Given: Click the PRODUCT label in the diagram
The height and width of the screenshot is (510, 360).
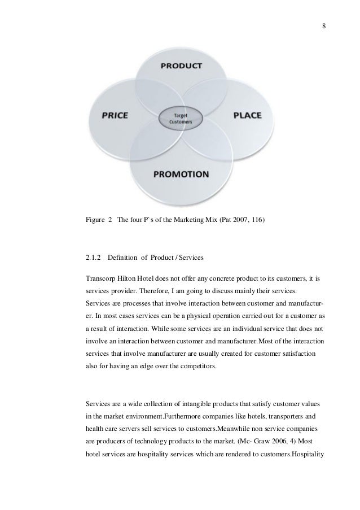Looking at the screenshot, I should pos(181,66).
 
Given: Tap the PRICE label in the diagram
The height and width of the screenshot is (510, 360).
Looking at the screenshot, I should pos(115,115).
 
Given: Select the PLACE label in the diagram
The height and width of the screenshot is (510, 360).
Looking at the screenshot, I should pos(248,115).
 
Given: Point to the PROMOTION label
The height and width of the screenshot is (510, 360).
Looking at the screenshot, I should pos(181,173).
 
